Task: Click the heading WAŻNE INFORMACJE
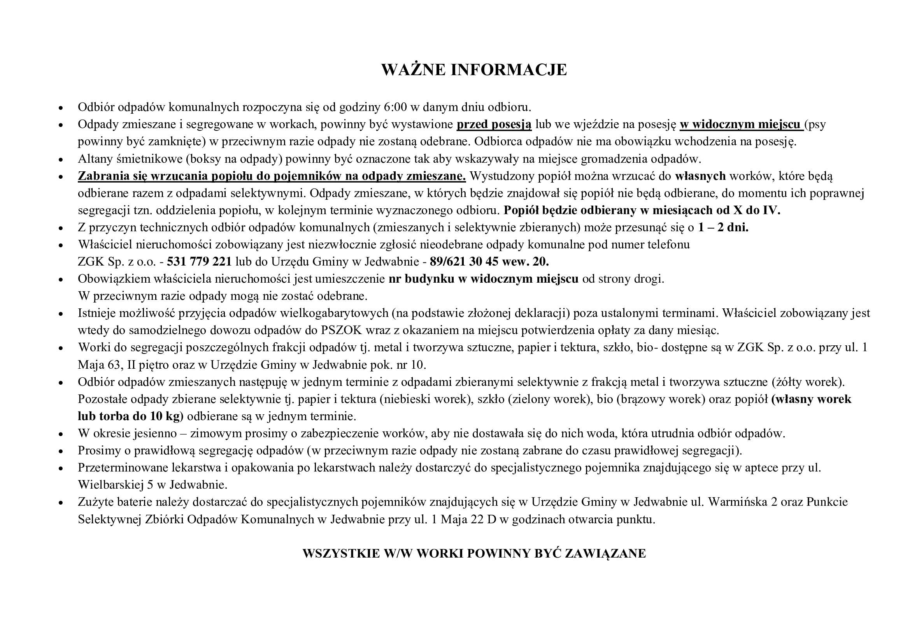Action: pos(474,69)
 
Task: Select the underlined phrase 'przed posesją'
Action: pos(494,125)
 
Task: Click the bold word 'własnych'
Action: pos(700,176)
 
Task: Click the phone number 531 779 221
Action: pos(199,262)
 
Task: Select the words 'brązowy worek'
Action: pos(661,399)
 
